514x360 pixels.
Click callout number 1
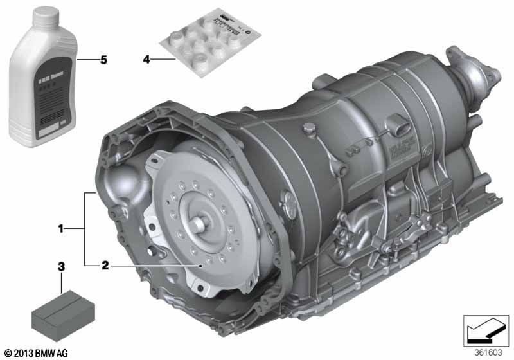click(61, 228)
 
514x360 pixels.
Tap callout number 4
click(146, 59)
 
